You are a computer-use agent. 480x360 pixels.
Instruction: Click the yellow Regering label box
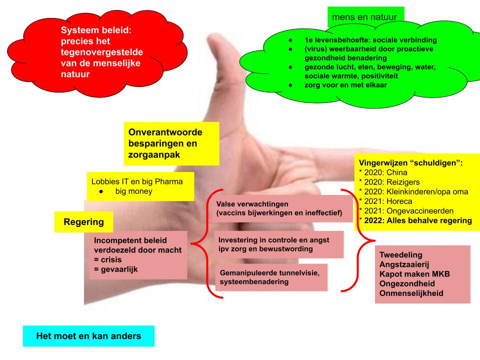83,222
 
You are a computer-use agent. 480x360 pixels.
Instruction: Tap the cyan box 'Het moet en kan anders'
88,336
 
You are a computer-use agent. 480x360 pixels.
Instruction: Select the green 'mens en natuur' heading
364,17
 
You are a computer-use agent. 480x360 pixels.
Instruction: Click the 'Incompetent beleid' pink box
137,255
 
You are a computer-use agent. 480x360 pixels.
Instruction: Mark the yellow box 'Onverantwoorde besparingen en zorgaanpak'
171,143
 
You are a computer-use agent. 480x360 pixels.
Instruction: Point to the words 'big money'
133,191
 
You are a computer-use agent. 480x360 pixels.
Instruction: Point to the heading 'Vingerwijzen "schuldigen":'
410,163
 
